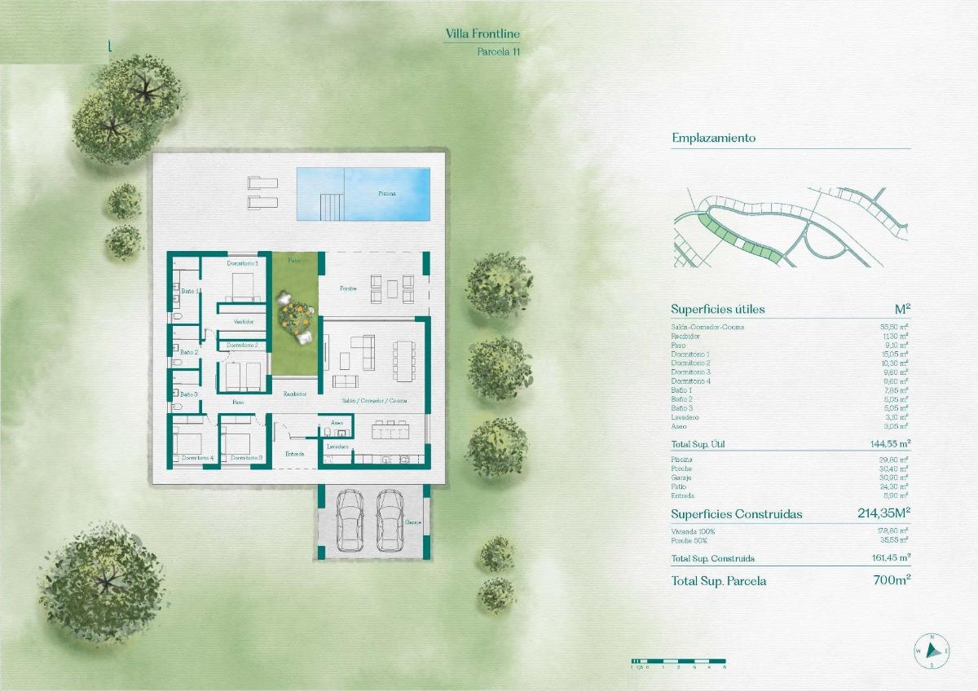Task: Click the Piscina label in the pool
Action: [387, 194]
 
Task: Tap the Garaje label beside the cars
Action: [412, 522]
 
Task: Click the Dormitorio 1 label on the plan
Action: [242, 263]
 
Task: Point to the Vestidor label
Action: [243, 322]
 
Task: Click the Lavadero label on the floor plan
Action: [337, 447]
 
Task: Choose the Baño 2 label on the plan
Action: [189, 352]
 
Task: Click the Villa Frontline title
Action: [482, 33]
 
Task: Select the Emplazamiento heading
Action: [713, 138]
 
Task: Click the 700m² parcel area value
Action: [891, 581]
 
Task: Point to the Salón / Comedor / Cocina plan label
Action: [375, 401]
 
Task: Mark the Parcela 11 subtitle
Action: [498, 51]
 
